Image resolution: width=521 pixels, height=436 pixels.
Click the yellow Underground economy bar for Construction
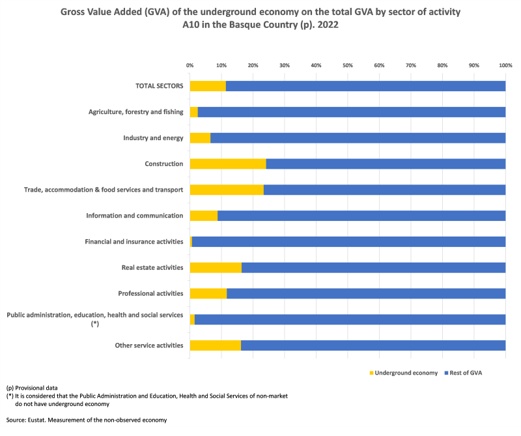228,164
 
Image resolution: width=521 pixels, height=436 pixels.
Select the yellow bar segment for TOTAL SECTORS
208,86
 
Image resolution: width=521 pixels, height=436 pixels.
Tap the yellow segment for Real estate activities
216,267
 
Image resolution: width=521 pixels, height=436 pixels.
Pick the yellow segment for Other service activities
215,345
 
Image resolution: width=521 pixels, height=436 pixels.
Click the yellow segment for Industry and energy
200,138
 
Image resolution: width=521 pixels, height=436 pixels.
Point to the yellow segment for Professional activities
208,293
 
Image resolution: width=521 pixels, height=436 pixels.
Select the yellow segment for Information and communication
204,216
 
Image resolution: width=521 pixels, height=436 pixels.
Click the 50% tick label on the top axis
348,66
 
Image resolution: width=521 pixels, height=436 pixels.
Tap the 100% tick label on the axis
505,66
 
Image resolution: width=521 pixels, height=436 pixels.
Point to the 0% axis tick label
190,66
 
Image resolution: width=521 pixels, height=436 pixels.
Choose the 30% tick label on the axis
285,66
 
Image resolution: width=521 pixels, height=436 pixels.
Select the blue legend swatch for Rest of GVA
447,373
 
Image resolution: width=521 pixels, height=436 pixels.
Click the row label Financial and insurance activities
134,242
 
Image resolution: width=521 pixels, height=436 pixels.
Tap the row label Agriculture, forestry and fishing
136,112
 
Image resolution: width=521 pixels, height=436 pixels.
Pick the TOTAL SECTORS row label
160,86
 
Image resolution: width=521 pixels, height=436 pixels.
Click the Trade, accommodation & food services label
104,190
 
